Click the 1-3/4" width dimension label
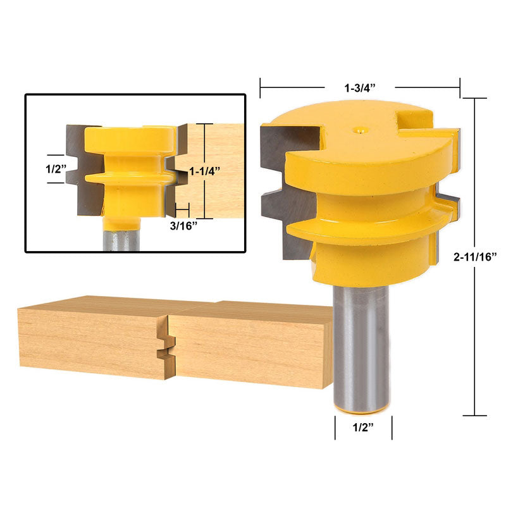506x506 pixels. point(360,88)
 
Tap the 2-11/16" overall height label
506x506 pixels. point(475,257)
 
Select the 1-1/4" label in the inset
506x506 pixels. point(204,171)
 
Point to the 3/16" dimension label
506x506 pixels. point(183,226)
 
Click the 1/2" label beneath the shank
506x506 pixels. point(363,428)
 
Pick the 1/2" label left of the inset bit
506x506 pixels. point(56,169)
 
